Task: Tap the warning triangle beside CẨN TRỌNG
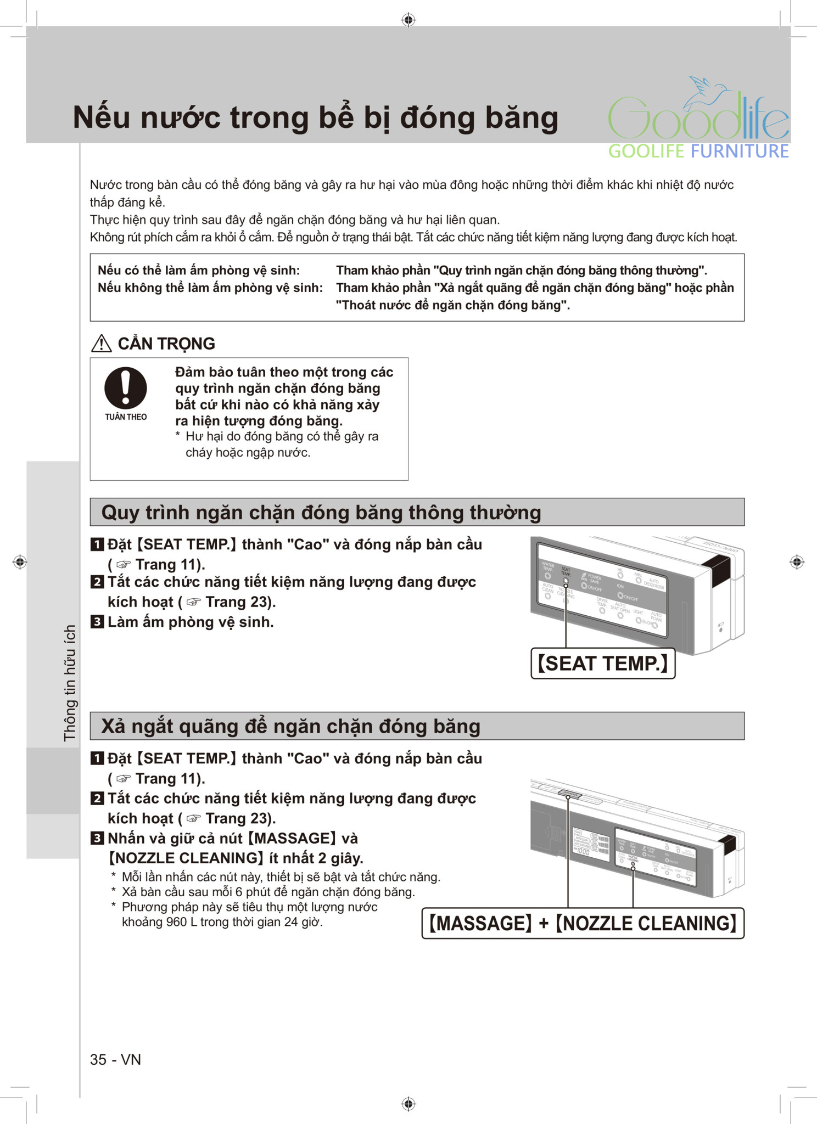coord(101,344)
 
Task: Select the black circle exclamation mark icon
coord(126,387)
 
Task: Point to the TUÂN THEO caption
coord(126,417)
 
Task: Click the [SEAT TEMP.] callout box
coord(602,664)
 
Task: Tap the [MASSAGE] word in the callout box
coord(480,923)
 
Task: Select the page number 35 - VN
coord(115,1059)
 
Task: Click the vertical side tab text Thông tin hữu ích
coord(70,683)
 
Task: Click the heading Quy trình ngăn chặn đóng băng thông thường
coord(321,513)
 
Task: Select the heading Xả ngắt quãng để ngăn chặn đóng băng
coord(290,726)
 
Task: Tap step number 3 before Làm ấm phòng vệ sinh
coord(97,622)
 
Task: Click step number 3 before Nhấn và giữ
coord(97,838)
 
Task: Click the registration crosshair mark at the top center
coord(408,20)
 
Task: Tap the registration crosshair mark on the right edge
coord(797,562)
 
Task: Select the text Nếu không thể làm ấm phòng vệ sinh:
coord(210,288)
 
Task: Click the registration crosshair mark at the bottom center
coord(408,1104)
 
